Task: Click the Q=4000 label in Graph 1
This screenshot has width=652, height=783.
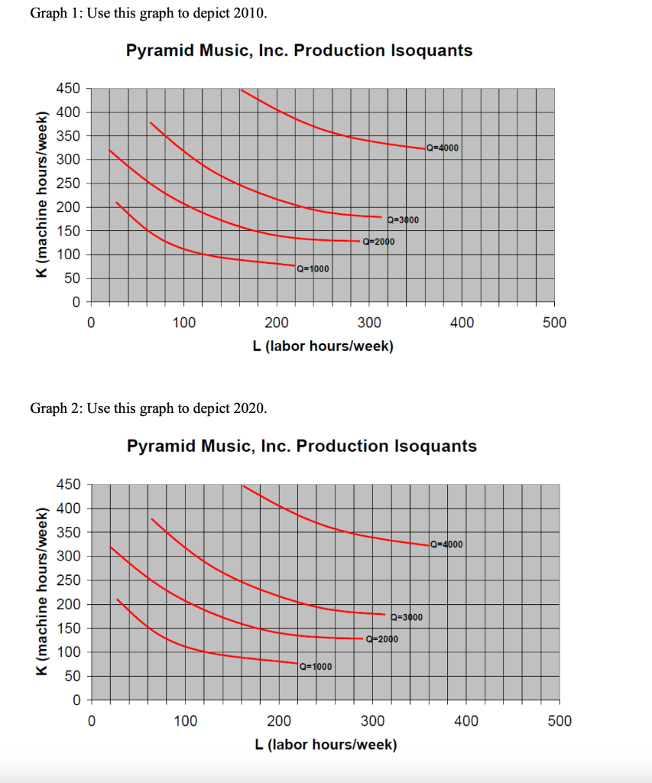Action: point(443,148)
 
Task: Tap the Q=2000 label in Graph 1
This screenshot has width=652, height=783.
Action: point(378,242)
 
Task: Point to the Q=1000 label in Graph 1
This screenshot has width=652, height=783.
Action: point(313,268)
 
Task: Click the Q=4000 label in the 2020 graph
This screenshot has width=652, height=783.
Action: point(446,544)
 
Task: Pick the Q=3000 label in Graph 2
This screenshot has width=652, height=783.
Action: point(406,617)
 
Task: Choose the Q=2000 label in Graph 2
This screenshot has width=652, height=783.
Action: point(382,639)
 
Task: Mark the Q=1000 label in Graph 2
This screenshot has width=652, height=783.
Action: point(316,666)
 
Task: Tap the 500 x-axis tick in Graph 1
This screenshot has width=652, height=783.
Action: point(554,323)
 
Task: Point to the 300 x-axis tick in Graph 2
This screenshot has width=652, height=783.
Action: point(373,720)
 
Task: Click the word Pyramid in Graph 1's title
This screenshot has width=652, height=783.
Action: point(158,50)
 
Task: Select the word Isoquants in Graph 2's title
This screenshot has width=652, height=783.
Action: point(436,446)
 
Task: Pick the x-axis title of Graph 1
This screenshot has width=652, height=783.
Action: point(323,346)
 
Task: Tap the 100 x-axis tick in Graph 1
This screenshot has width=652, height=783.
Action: point(183,323)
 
